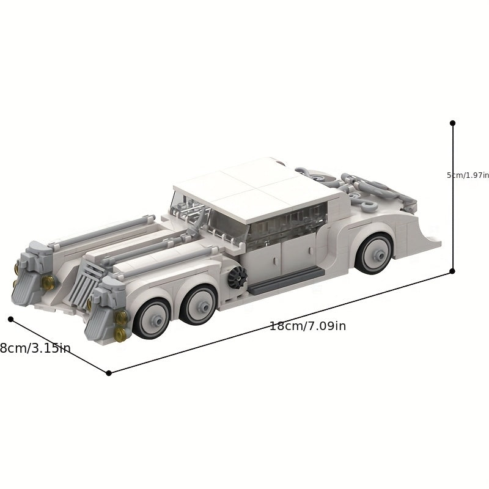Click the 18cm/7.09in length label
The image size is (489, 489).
(307, 326)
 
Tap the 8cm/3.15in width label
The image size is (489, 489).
(35, 348)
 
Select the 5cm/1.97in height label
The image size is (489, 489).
(468, 175)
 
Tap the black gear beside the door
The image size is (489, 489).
(237, 277)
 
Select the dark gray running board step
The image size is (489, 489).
(285, 281)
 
